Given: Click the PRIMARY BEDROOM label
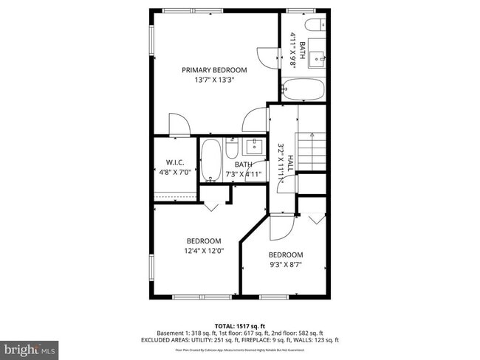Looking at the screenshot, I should point(214,70).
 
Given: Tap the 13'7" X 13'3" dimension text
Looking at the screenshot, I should point(214,80).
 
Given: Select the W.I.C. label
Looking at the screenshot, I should point(174,162).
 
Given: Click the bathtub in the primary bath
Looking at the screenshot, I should point(303,91).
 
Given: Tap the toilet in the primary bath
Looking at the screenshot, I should point(313,27).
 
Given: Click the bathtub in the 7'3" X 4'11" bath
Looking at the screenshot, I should point(211,160).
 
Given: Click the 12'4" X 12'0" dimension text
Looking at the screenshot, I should point(203,251).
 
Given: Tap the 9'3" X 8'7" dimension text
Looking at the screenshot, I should point(285,265).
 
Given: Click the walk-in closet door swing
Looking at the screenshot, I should point(179,125).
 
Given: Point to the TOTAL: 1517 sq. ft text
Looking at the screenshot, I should point(240,325).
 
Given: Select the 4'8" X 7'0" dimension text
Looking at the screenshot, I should point(174,173).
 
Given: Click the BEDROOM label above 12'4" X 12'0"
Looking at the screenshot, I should point(203,241).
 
